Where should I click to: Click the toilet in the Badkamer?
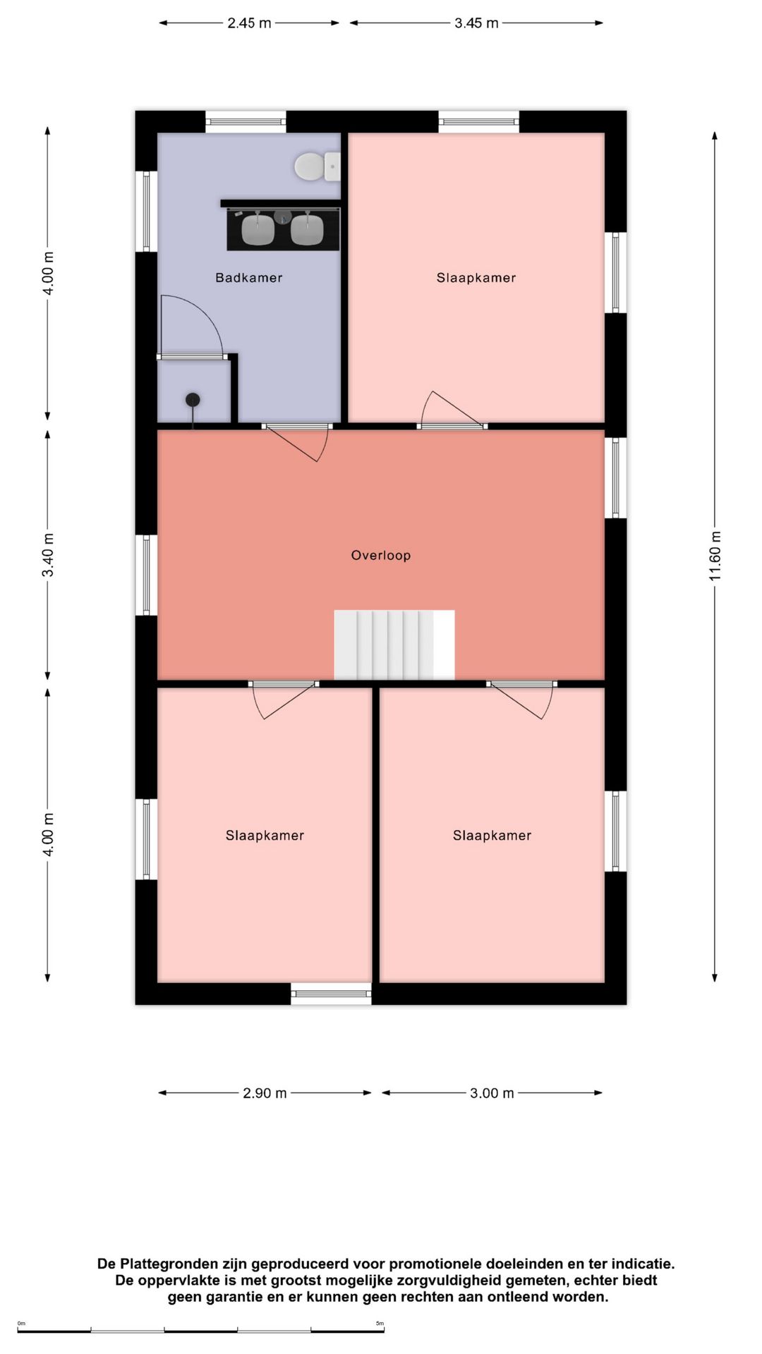tap(317, 166)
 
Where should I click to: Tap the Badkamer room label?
tap(248, 278)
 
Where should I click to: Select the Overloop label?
tap(381, 555)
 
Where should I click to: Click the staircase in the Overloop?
tap(394, 645)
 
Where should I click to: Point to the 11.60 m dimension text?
tap(715, 555)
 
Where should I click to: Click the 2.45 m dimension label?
tap(249, 23)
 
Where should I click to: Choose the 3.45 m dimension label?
tap(476, 23)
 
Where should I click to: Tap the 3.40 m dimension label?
tap(48, 555)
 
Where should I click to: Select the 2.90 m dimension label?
tap(265, 1093)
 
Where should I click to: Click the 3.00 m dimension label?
tap(492, 1093)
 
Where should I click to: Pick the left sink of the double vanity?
tap(258, 229)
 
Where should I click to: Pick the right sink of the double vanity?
tap(307, 229)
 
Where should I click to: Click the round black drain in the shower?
tap(193, 400)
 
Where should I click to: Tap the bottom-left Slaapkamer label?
tap(265, 836)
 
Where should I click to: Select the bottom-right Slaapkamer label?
tap(492, 836)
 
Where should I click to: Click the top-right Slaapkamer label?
tap(476, 278)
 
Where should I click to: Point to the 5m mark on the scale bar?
tap(380, 1323)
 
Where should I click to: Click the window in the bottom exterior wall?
tap(332, 994)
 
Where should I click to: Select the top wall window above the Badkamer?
tap(246, 121)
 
